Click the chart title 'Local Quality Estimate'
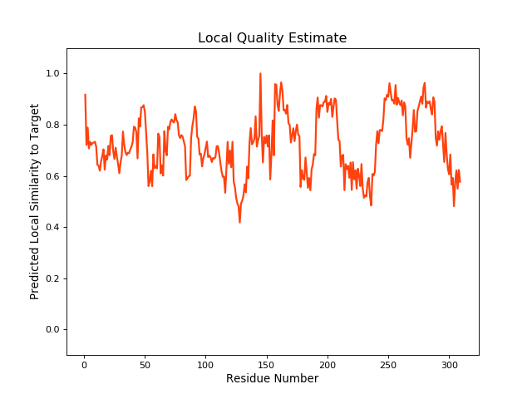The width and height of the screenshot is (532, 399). (272, 38)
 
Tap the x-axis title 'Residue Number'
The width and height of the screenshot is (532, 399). (272, 379)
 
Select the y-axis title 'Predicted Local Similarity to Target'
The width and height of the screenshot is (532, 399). (35, 201)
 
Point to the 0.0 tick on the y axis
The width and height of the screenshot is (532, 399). (52, 330)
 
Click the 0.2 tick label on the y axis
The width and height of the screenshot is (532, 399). (52, 278)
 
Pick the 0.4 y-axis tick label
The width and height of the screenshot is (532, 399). (52, 227)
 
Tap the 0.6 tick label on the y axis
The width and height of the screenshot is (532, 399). (52, 176)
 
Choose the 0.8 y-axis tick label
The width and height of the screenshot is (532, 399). (52, 125)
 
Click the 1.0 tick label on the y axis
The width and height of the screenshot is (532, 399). (52, 73)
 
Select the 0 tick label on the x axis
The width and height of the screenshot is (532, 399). (83, 364)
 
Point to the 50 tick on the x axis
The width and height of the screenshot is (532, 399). (144, 364)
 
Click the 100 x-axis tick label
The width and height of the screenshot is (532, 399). (205, 364)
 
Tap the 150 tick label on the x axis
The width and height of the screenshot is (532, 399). (266, 364)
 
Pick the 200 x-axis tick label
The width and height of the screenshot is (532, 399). (327, 364)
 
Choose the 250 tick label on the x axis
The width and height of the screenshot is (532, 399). (388, 364)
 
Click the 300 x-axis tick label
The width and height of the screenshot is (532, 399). (449, 364)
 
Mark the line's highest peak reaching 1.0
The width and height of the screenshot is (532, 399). (260, 74)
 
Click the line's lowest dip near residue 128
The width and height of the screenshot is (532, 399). (239, 222)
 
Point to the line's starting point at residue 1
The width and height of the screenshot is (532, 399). (85, 95)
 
